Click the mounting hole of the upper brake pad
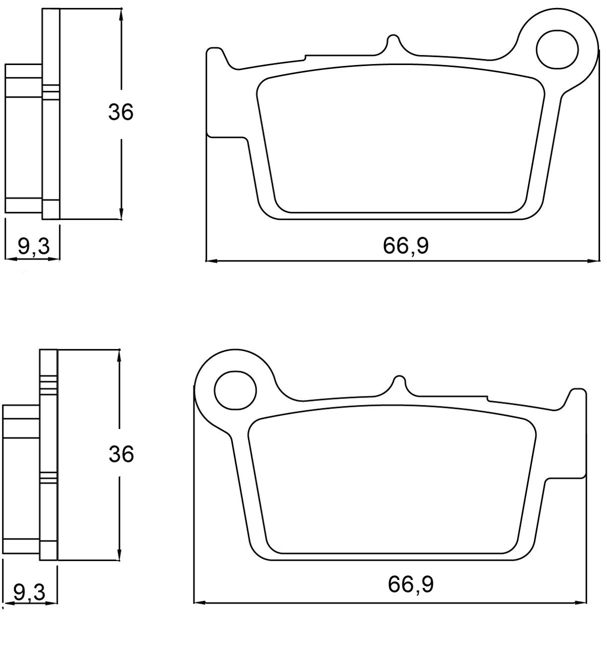(557, 50)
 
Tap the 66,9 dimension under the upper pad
(406, 245)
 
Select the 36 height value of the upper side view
(121, 112)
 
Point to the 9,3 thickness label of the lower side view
(29, 592)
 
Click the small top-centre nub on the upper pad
(393, 42)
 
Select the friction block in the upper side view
(23, 137)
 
